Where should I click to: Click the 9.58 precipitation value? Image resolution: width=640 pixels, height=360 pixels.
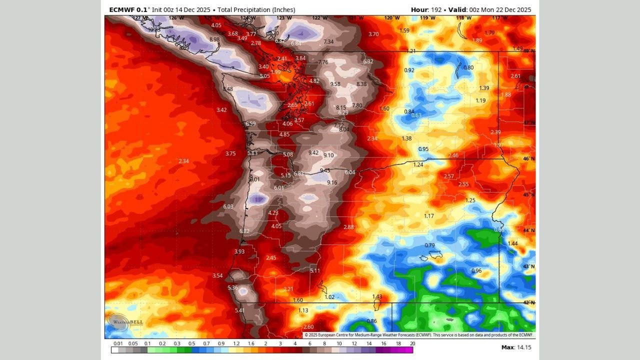[335, 84]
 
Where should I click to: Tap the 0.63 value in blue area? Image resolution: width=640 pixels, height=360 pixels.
[416, 115]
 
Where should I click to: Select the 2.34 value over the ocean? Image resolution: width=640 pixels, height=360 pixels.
[183, 161]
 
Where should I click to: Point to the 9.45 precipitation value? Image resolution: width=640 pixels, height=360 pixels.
[325, 170]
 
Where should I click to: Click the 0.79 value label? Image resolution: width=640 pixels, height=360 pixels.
[429, 245]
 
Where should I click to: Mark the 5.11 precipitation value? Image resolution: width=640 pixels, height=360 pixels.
[315, 270]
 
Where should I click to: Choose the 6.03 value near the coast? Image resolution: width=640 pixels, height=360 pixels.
[228, 206]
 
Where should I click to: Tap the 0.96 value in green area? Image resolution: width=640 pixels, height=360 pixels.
[476, 271]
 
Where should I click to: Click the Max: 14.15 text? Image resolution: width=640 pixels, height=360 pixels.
[516, 347]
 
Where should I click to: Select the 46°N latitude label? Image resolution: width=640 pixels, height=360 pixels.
[529, 158]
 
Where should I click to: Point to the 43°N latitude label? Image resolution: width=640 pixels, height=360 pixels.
[529, 266]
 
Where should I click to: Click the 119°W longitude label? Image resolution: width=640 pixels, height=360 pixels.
[427, 18]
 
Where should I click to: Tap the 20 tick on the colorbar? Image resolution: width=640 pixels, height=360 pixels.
[412, 343]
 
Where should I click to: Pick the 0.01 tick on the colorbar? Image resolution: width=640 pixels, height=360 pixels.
[118, 343]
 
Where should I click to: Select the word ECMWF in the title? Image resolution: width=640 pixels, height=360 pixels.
[120, 9]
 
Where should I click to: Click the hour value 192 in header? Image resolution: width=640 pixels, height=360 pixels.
[438, 9]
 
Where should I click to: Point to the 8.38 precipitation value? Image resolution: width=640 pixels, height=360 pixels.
[361, 84]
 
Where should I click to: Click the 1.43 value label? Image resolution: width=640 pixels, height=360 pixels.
[377, 296]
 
